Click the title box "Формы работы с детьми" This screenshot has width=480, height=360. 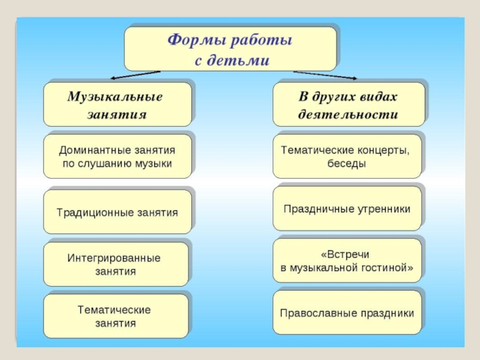[229, 49]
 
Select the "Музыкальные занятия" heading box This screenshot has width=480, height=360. [116, 104]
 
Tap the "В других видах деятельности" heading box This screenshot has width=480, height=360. [348, 104]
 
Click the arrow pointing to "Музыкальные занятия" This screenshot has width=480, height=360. [134, 75]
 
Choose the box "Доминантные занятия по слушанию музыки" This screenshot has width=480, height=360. [117, 156]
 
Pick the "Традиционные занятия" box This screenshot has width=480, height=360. [117, 212]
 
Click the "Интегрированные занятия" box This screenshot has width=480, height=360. [115, 265]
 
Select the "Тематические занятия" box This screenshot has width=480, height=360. [115, 316]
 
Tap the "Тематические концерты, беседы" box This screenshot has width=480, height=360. [347, 156]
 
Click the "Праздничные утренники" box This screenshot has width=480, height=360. [347, 209]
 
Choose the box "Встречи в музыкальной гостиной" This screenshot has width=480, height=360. [347, 262]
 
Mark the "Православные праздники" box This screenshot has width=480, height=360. [347, 313]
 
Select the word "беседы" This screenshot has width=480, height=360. [346, 163]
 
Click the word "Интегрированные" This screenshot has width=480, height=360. [114, 258]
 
